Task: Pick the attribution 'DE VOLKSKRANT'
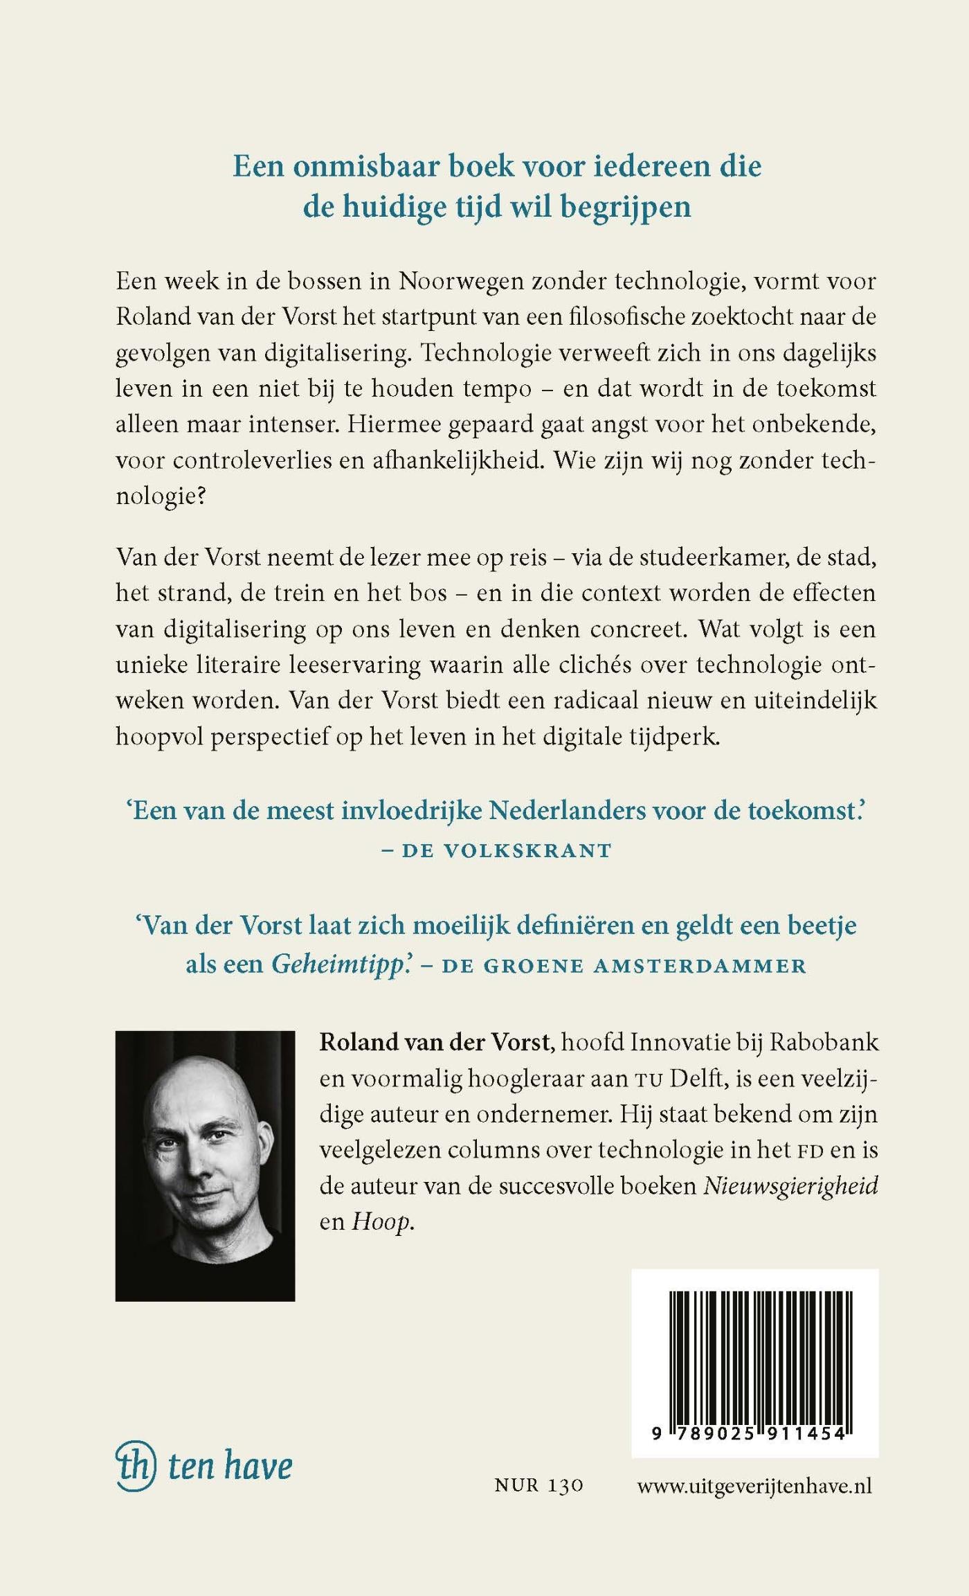tap(507, 850)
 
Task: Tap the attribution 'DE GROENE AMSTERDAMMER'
tap(624, 966)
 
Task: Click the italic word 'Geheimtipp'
tap(337, 964)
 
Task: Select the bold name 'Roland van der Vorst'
tap(437, 1043)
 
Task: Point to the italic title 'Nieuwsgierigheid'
tap(790, 1186)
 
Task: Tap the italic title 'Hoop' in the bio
tap(381, 1221)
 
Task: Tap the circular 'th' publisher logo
tap(134, 1466)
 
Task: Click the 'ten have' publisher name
tap(230, 1467)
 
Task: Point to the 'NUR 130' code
tap(538, 1486)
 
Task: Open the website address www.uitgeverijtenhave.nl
tap(754, 1486)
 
